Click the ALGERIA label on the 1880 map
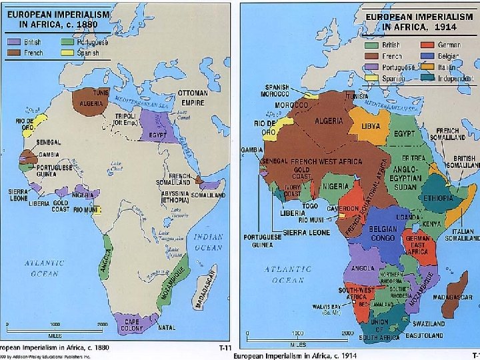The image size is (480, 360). pyautogui.click(x=91, y=105)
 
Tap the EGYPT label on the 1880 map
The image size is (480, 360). pyautogui.click(x=157, y=135)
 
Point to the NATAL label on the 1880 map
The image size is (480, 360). pyautogui.click(x=167, y=327)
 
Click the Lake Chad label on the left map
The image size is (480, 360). pyautogui.click(x=117, y=165)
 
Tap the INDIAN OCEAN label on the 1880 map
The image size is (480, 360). pyautogui.click(x=208, y=241)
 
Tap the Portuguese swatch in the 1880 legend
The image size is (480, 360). pyautogui.click(x=67, y=41)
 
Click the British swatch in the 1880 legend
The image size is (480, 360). pyautogui.click(x=13, y=41)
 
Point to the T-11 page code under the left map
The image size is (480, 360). pyautogui.click(x=225, y=348)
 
